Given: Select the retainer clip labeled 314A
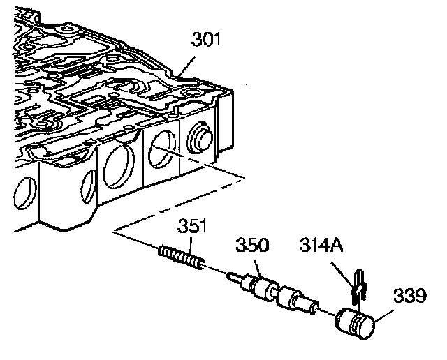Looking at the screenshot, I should click(359, 285).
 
